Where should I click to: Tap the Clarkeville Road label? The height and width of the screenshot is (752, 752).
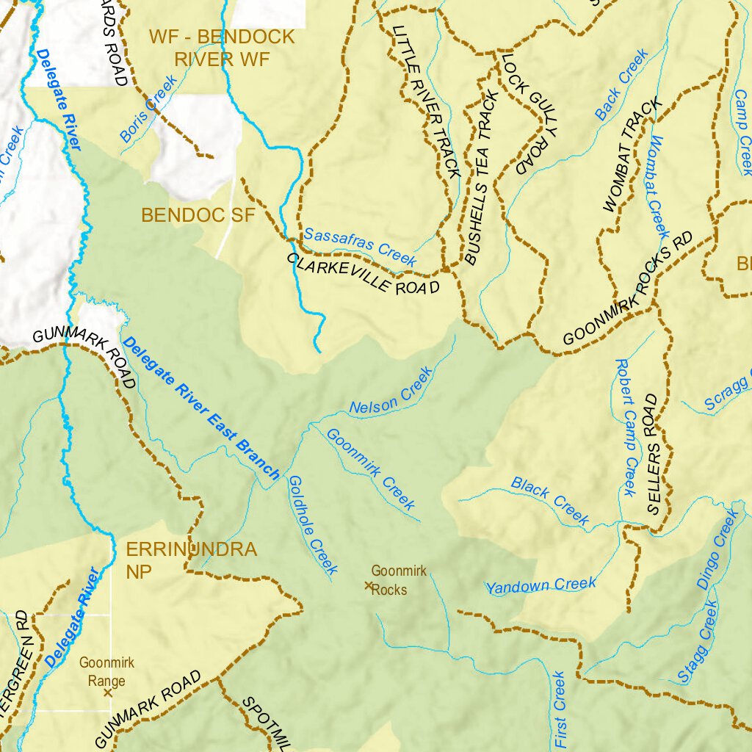click(x=363, y=274)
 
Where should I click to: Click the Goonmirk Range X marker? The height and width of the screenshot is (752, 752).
click(x=108, y=692)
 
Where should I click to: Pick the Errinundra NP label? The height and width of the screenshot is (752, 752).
click(x=191, y=560)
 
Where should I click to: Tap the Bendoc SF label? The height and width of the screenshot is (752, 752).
click(x=197, y=215)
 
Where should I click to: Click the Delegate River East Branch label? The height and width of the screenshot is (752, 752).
click(x=201, y=408)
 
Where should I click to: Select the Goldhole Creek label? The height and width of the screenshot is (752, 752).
click(x=312, y=524)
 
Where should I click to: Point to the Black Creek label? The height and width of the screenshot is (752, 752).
click(x=550, y=502)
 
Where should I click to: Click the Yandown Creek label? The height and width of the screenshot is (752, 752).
click(x=541, y=585)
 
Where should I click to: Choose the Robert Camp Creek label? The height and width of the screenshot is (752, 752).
click(x=625, y=427)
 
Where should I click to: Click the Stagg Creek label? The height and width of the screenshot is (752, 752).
click(x=697, y=642)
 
